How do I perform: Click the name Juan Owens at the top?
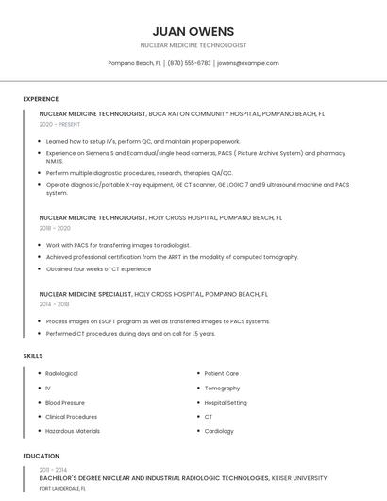(193, 31)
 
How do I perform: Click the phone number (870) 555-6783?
(189, 63)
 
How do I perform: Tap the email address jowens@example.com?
(247, 63)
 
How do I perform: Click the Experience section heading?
(41, 99)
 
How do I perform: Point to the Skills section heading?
(32, 355)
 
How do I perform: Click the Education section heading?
(41, 456)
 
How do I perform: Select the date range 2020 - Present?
(59, 124)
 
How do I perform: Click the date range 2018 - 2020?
(55, 228)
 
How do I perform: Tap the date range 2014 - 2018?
(54, 304)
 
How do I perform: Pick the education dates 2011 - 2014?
(53, 470)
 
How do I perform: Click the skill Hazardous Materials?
(73, 431)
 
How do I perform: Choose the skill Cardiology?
(219, 431)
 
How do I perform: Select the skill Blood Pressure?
(65, 403)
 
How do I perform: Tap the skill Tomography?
(222, 389)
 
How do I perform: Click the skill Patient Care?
(222, 374)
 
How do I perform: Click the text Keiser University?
(300, 478)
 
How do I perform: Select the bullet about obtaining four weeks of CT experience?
(98, 269)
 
